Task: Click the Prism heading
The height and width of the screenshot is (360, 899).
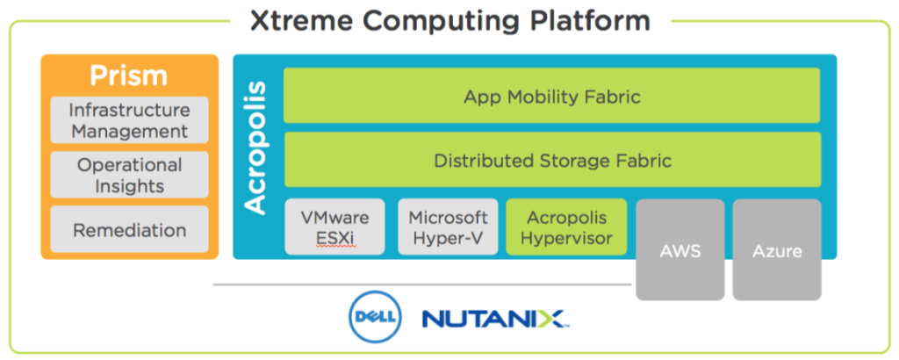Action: (129, 76)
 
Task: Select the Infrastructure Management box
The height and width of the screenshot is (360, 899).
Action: (130, 119)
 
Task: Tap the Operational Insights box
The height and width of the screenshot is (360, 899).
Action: (130, 175)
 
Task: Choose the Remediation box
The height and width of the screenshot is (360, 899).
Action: (130, 229)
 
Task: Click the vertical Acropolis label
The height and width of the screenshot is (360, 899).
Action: (255, 148)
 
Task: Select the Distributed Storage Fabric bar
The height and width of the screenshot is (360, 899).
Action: (552, 160)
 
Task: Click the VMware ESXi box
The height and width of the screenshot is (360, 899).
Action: (334, 227)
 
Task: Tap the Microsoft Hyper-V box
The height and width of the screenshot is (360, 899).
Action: (449, 227)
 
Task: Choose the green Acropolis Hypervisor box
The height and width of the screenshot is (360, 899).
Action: (567, 227)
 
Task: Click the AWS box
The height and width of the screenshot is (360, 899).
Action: (680, 249)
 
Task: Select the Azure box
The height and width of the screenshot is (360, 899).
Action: (777, 249)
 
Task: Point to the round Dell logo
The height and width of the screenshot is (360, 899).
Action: (376, 317)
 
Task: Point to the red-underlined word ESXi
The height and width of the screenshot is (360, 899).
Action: (334, 237)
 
